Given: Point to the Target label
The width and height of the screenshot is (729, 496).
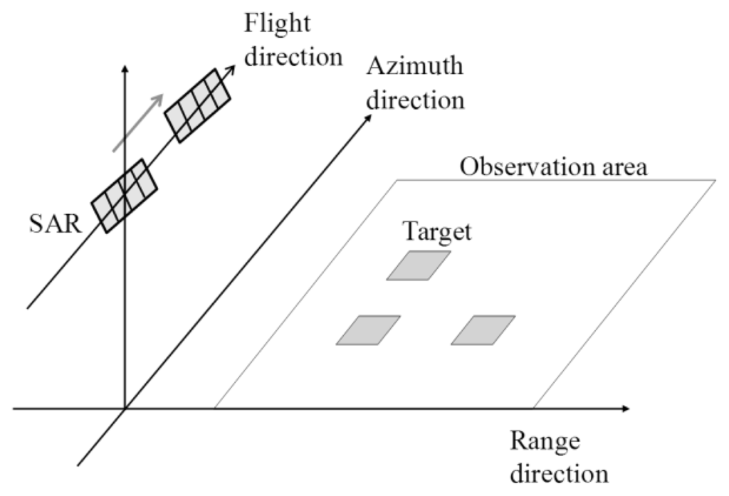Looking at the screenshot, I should [438, 233].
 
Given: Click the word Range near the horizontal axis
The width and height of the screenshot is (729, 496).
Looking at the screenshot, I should [545, 443].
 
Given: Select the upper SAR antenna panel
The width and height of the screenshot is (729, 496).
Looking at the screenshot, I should [198, 105].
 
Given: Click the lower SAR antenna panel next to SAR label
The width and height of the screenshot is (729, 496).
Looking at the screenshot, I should [124, 194].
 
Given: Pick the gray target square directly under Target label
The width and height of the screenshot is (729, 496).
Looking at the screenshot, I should [419, 265].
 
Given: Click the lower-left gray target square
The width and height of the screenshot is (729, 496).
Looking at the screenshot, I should [368, 330].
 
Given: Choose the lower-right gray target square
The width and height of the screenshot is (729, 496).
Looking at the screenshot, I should [483, 330].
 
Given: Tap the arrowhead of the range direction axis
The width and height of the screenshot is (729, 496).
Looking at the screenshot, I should [625, 409].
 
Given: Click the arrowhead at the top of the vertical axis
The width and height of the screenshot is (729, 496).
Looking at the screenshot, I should [125, 68].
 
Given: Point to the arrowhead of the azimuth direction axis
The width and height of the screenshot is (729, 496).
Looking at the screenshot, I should [367, 119].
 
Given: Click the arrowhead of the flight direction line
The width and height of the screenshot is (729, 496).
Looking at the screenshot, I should [232, 69].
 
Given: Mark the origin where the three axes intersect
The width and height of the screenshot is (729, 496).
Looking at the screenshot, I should [125, 409].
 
